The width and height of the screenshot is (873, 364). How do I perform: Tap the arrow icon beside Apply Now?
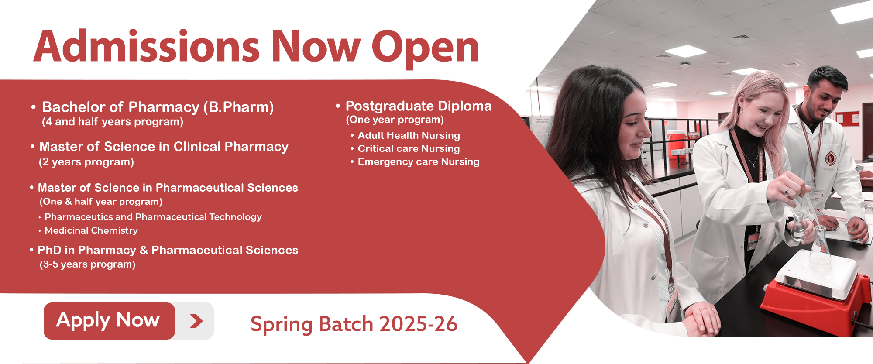pos(196,321)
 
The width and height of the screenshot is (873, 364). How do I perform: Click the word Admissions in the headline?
pos(147,46)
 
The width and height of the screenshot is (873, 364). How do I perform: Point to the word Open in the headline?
pos(426,49)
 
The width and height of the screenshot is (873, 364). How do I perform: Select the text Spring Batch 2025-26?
pos(354,324)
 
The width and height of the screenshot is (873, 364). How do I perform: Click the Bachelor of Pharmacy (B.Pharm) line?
pos(158,107)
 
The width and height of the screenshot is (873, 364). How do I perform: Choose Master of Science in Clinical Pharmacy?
pos(164,147)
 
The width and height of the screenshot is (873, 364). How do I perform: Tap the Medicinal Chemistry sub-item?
pos(91,230)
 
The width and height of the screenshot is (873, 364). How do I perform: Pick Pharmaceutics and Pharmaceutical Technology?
pos(153,217)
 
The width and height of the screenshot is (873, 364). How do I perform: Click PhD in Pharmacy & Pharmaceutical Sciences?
pos(168,250)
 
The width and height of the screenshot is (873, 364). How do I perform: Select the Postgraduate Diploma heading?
pos(419,106)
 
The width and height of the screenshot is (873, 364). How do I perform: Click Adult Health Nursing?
pos(409,135)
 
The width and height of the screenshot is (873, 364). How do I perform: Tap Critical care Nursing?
pos(409,148)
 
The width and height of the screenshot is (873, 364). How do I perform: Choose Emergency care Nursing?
pos(419,161)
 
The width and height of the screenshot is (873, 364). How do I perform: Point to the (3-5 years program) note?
pos(87,264)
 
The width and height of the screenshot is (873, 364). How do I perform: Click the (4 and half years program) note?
pos(113,122)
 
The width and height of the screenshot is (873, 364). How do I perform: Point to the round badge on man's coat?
pos(830,159)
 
